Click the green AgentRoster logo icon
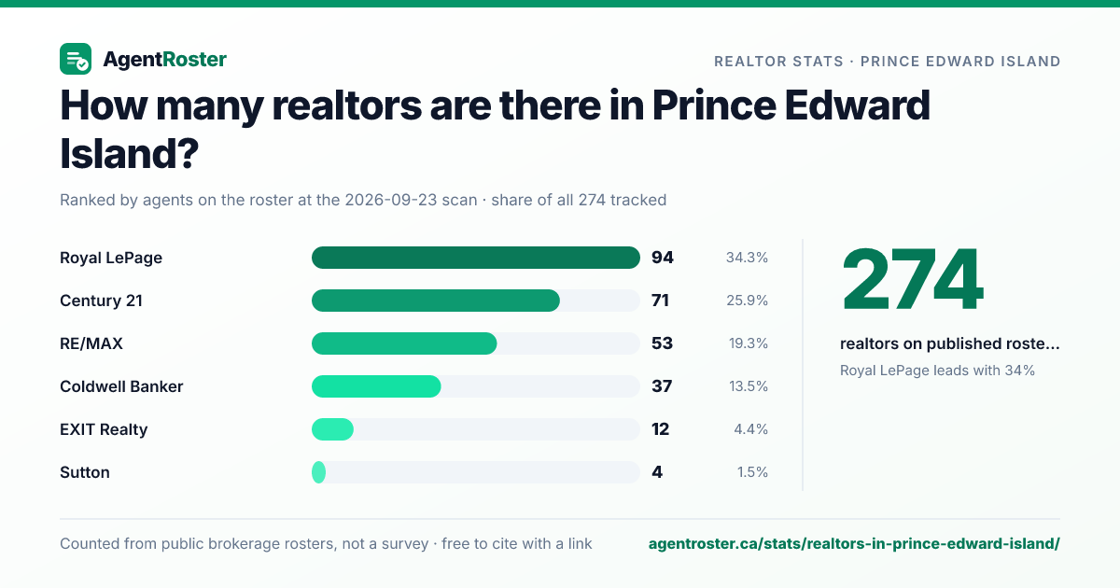[76, 59]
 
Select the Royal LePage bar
[475, 258]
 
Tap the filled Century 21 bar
[436, 301]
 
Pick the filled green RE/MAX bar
[404, 343]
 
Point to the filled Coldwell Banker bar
[376, 386]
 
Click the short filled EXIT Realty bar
[332, 429]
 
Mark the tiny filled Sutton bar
[318, 472]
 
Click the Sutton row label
[85, 472]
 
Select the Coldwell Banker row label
[121, 386]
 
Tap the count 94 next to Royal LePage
[663, 258]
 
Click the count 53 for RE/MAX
[662, 343]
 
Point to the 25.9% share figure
[747, 301]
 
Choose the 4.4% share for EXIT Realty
[750, 429]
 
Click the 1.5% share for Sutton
[752, 472]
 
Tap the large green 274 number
[913, 279]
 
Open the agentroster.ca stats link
[854, 544]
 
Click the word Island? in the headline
[129, 153]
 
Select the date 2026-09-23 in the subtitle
[411, 200]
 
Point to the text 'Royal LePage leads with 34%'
[937, 371]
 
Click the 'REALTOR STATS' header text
[778, 62]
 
